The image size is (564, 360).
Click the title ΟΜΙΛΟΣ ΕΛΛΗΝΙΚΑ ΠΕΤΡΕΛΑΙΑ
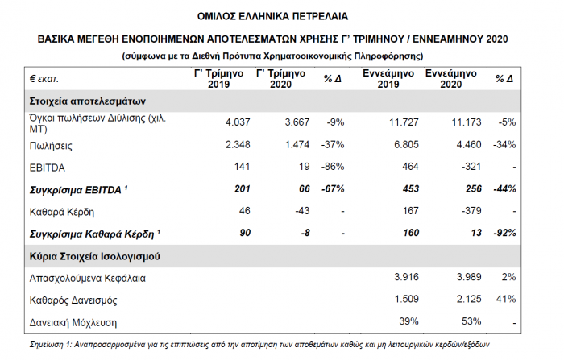click(282, 15)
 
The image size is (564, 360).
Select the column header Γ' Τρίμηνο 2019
click(218, 79)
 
